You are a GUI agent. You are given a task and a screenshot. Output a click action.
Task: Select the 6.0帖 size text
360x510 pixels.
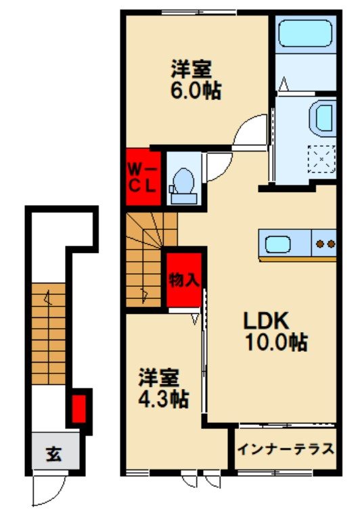pos(196,91)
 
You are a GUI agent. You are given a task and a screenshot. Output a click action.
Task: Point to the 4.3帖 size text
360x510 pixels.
pos(163,398)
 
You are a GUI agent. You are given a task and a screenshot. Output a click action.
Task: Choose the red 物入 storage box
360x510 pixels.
pos(184,279)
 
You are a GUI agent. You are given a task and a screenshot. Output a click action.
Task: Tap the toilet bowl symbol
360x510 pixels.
pos(183,181)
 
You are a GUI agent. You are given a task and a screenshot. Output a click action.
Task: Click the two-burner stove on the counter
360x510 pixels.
pos(325,244)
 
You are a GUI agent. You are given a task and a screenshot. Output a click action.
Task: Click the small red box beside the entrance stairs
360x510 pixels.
pos(79,408)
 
